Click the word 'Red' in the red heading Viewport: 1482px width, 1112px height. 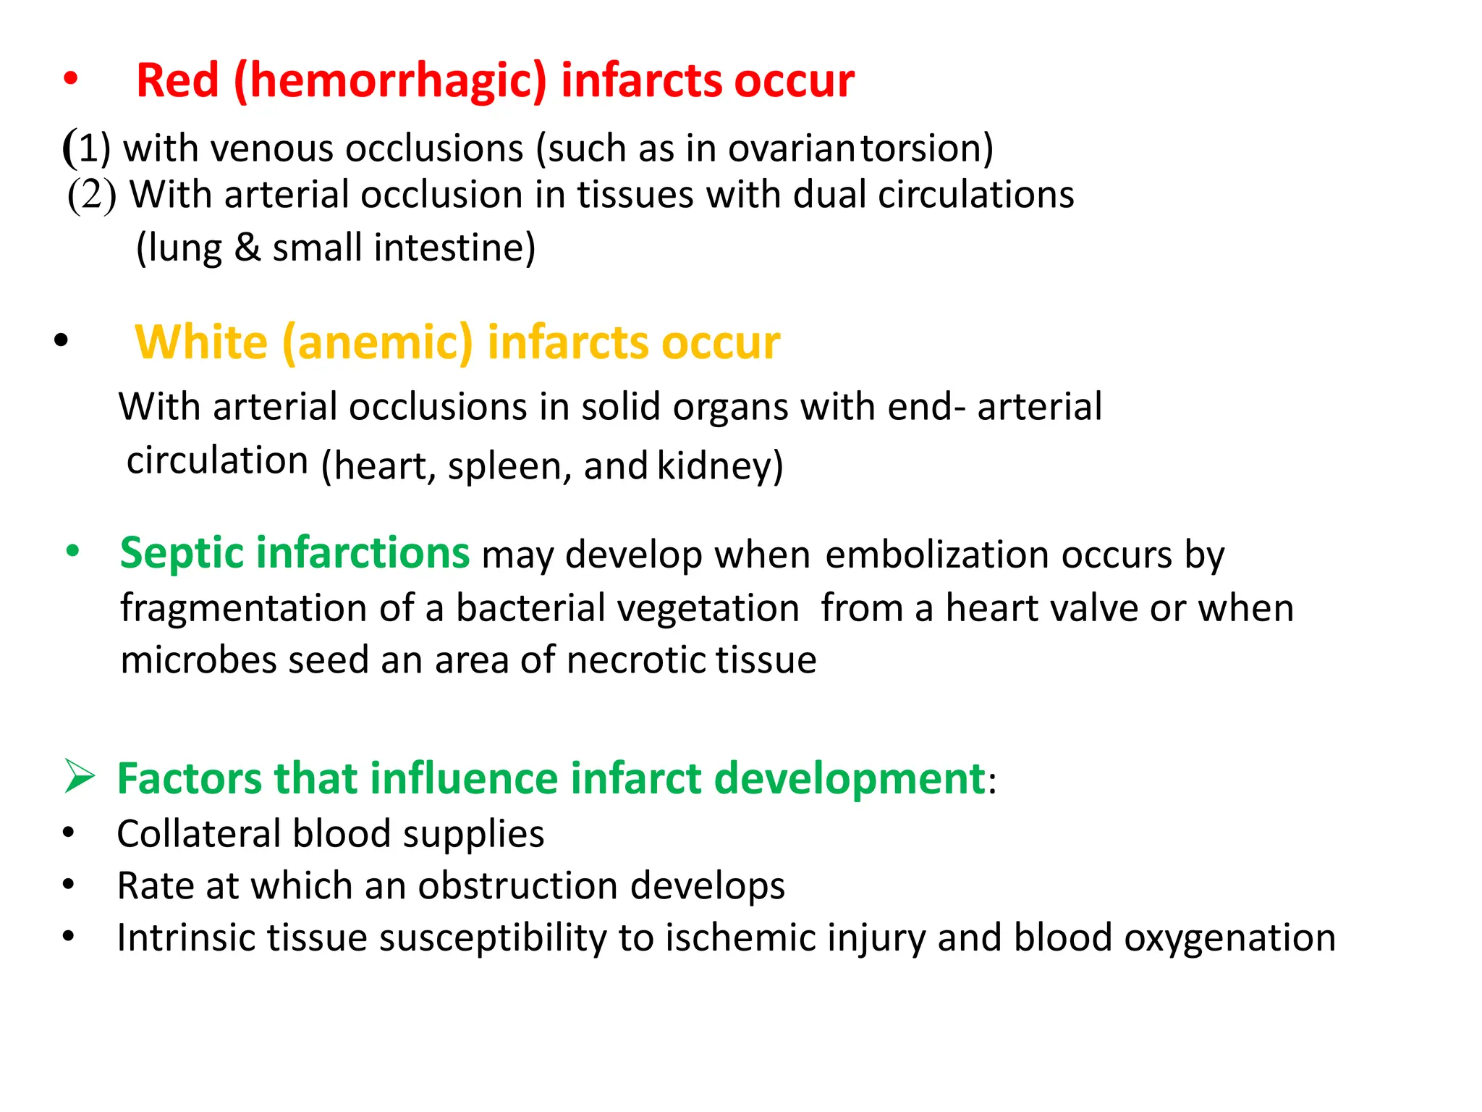(x=177, y=80)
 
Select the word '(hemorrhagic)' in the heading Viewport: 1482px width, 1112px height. (x=391, y=80)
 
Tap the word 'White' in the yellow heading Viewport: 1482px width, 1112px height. (x=201, y=342)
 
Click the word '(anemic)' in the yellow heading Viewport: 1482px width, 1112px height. (x=377, y=342)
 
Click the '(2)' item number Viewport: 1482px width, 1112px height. (x=92, y=195)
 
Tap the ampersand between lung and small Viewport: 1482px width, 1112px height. (x=247, y=248)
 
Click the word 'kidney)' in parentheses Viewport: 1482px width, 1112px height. (x=720, y=466)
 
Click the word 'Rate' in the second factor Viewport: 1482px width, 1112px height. (x=155, y=885)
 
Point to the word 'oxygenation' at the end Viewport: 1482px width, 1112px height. (x=1229, y=938)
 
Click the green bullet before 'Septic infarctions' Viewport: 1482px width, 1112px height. (x=72, y=551)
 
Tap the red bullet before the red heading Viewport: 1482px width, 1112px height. (x=70, y=79)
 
